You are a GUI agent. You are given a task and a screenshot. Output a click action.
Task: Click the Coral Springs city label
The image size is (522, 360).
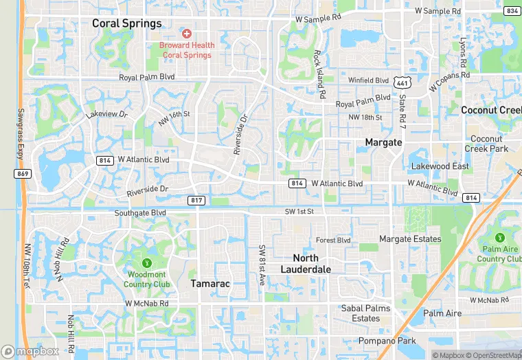(x=127, y=23)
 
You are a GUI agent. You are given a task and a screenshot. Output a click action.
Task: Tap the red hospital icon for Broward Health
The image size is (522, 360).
(x=187, y=34)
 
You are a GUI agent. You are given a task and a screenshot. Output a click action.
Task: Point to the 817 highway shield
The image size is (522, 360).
(x=196, y=200)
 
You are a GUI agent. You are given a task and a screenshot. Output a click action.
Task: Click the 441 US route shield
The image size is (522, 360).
(x=402, y=82)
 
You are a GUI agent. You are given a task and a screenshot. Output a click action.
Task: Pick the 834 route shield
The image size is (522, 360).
(x=511, y=11)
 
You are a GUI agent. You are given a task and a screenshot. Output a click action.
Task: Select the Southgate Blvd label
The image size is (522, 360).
(x=140, y=213)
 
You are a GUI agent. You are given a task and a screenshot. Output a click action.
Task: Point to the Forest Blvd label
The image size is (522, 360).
(x=333, y=240)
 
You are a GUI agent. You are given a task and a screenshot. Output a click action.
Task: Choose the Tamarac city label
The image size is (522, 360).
(x=210, y=284)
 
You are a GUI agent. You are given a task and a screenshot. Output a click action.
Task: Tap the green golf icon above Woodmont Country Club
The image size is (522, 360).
(x=146, y=263)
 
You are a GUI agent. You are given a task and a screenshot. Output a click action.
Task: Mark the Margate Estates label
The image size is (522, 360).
(x=410, y=239)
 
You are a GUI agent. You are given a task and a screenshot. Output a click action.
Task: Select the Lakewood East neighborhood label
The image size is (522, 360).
(x=440, y=166)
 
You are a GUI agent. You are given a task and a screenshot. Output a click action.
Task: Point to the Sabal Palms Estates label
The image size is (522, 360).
(x=365, y=313)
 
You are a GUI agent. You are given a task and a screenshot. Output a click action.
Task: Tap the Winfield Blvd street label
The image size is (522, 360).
(x=368, y=80)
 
